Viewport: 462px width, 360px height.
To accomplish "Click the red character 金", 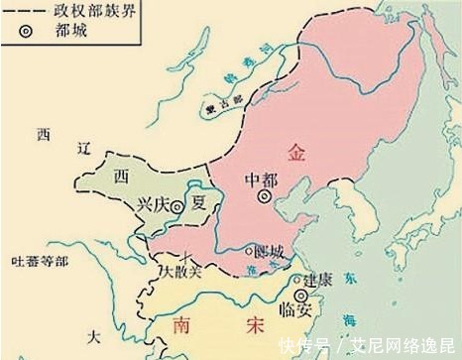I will click(296, 152).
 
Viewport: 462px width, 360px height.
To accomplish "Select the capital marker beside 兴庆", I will click(176, 208).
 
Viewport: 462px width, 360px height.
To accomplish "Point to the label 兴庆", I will click(150, 208).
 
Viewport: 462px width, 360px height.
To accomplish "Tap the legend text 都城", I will click(70, 31).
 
